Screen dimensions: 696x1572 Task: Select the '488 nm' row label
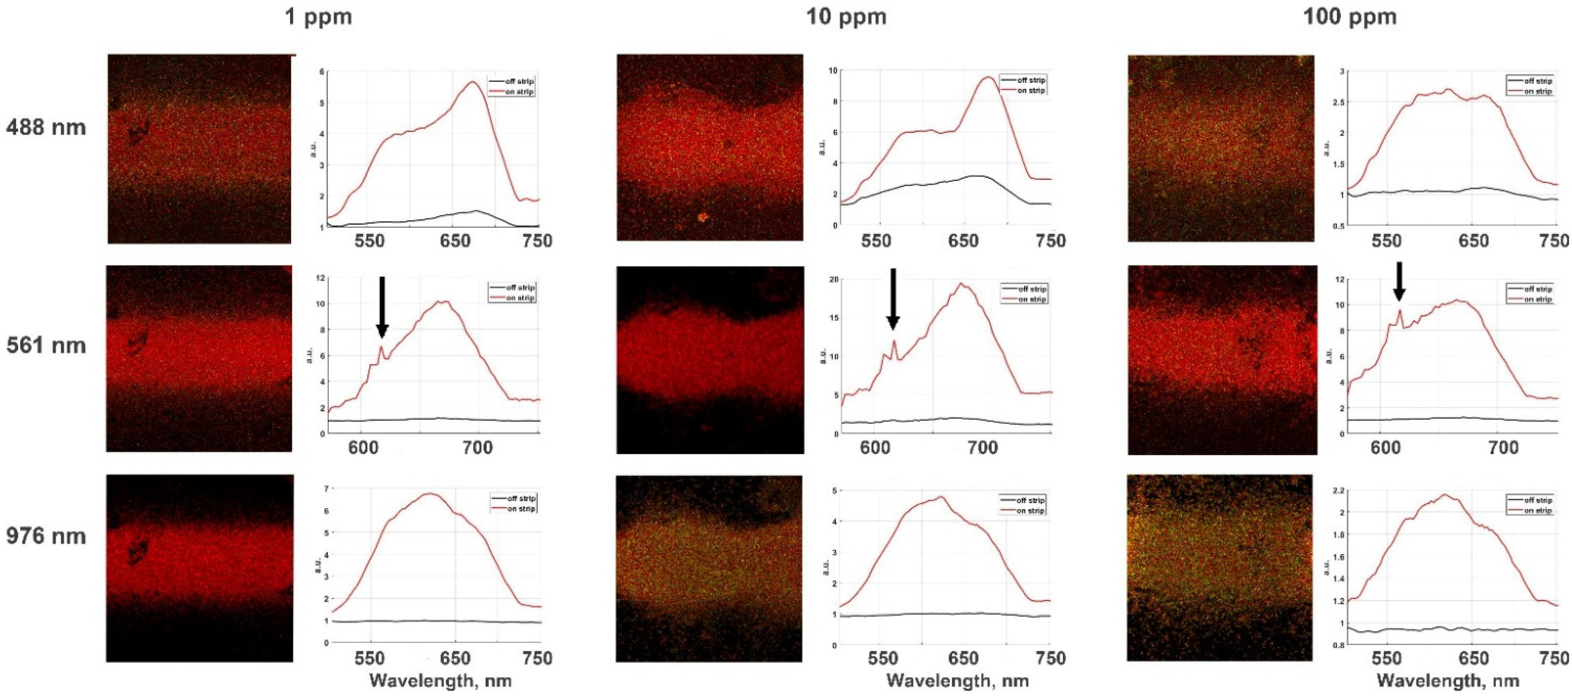pyautogui.click(x=46, y=128)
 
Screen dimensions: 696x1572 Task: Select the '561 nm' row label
pyautogui.click(x=46, y=346)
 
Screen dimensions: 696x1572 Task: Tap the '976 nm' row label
pyautogui.click(x=46, y=536)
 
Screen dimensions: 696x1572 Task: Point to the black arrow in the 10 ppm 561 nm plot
pyautogui.click(x=893, y=299)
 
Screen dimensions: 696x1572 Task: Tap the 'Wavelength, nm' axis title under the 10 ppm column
pyautogui.click(x=957, y=681)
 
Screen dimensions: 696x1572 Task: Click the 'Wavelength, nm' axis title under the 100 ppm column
pyautogui.click(x=1447, y=681)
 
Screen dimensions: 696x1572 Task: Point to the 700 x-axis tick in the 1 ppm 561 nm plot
pyautogui.click(x=477, y=448)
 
